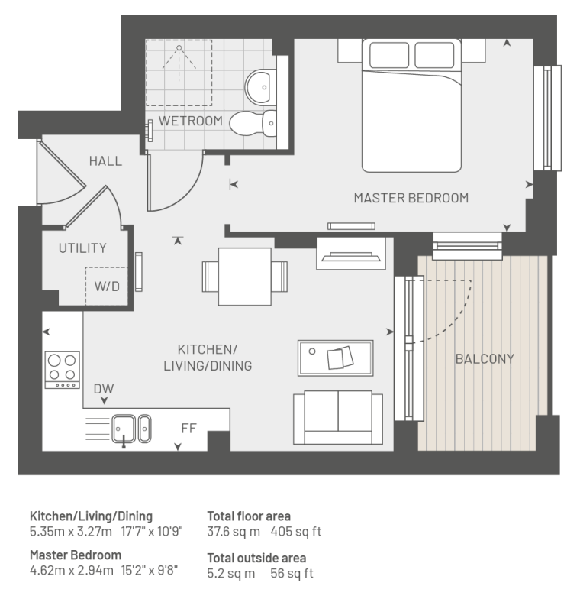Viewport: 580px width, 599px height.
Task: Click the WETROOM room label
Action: [191, 121]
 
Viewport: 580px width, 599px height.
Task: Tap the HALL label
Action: [105, 160]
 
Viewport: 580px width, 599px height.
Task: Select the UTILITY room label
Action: [82, 248]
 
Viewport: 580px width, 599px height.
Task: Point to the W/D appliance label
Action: [107, 286]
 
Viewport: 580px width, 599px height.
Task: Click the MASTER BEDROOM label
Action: [411, 198]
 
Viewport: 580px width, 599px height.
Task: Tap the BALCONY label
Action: [485, 358]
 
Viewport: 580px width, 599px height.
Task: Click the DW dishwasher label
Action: [104, 389]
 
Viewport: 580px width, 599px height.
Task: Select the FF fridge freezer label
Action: [189, 428]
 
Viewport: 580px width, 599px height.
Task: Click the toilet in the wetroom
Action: [253, 123]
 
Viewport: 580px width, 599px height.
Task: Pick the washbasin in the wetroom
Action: [260, 87]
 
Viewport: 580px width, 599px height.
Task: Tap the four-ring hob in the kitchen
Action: [63, 370]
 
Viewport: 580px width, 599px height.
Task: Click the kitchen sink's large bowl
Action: [124, 429]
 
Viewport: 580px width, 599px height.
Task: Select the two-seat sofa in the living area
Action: [338, 417]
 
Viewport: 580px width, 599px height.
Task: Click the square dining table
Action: [244, 277]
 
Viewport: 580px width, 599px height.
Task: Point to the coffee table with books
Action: [336, 358]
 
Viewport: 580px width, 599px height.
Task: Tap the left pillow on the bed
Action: [389, 55]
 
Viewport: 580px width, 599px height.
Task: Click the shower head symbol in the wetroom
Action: [179, 48]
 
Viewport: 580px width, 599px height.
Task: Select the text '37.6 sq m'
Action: [234, 532]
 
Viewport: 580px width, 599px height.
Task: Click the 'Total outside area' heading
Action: [256, 558]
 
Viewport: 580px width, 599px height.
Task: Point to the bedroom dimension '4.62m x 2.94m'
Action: [72, 570]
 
